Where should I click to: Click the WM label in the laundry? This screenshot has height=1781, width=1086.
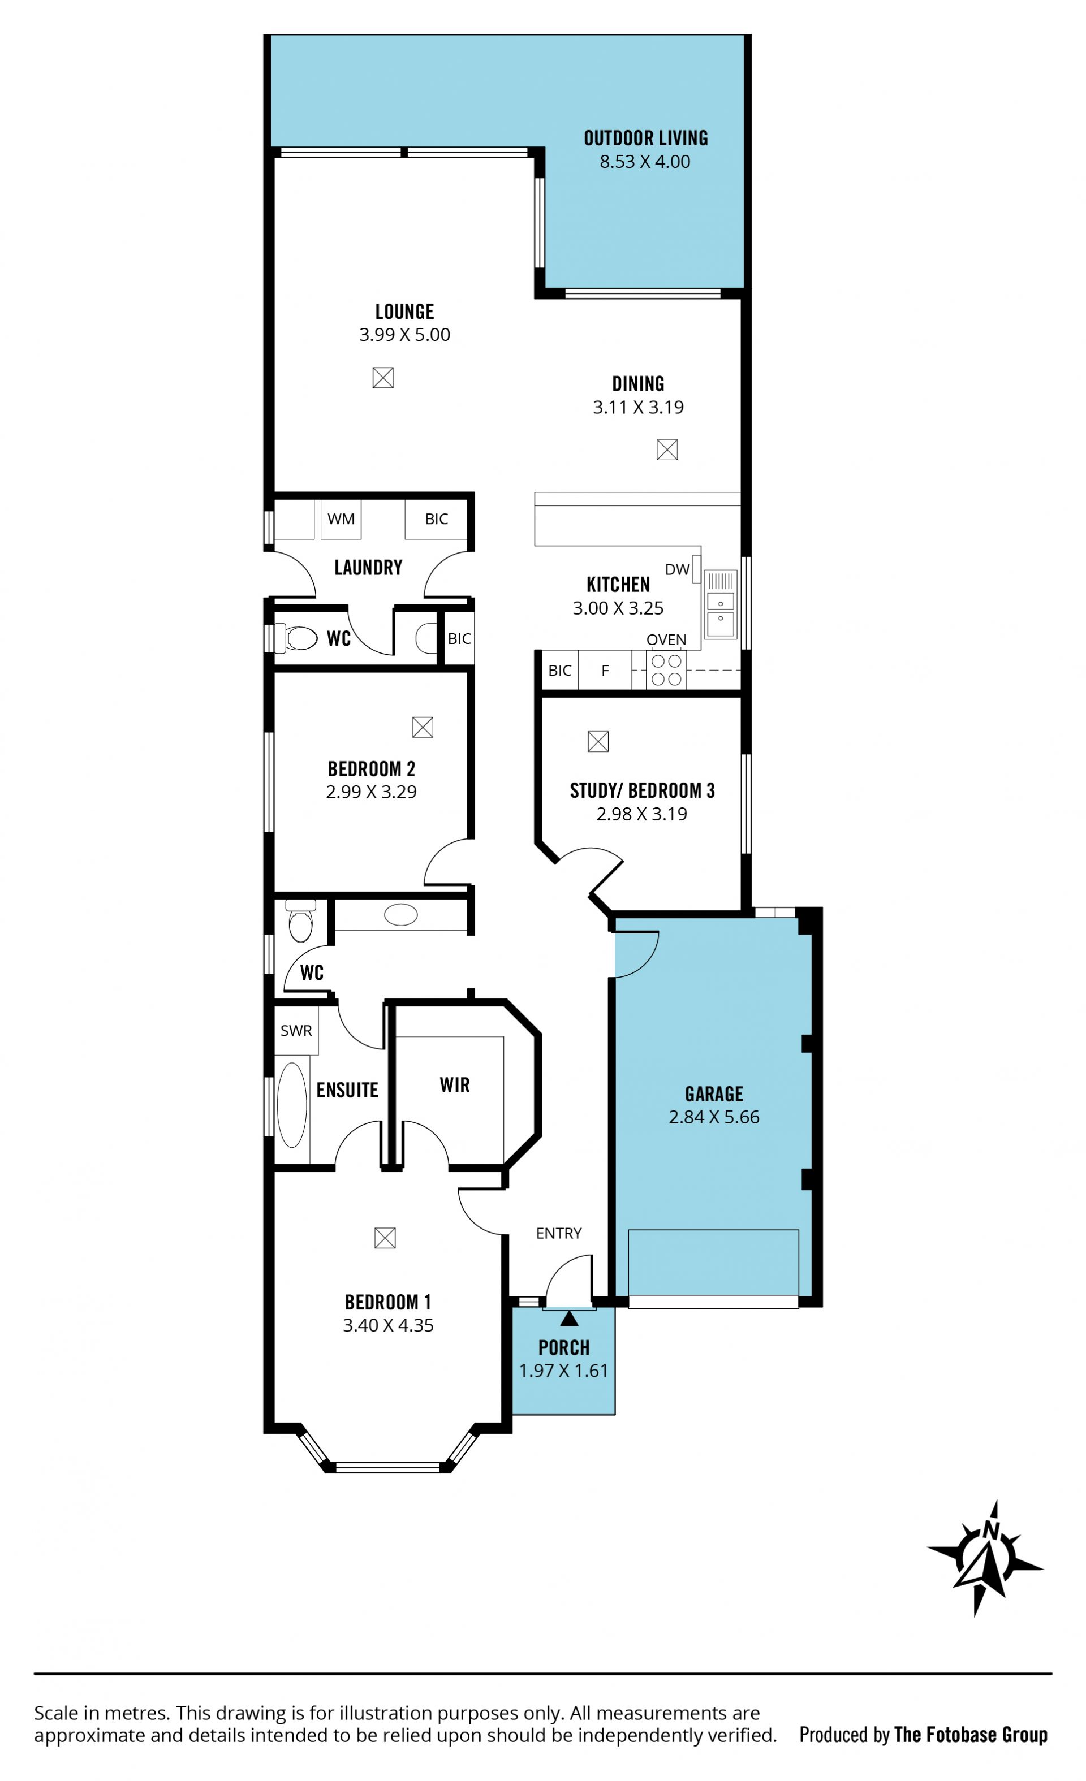pyautogui.click(x=341, y=519)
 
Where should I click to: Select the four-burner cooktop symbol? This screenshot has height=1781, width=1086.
pyautogui.click(x=666, y=670)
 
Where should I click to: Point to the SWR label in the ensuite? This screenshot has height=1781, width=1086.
pyautogui.click(x=296, y=1031)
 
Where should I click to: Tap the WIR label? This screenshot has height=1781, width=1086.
pyautogui.click(x=455, y=1085)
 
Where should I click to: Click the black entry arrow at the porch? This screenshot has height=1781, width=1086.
pyautogui.click(x=569, y=1319)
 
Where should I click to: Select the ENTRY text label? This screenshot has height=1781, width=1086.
pyautogui.click(x=559, y=1233)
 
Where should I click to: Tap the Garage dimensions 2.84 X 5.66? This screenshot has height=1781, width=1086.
pyautogui.click(x=714, y=1117)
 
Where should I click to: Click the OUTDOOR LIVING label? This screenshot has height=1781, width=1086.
pyautogui.click(x=646, y=138)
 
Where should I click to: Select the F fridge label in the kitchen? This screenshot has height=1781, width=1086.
pyautogui.click(x=605, y=670)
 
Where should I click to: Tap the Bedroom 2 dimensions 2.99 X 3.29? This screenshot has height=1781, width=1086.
pyautogui.click(x=372, y=792)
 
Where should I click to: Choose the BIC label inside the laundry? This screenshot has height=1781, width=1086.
pyautogui.click(x=437, y=519)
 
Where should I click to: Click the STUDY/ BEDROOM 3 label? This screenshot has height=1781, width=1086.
pyautogui.click(x=642, y=791)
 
